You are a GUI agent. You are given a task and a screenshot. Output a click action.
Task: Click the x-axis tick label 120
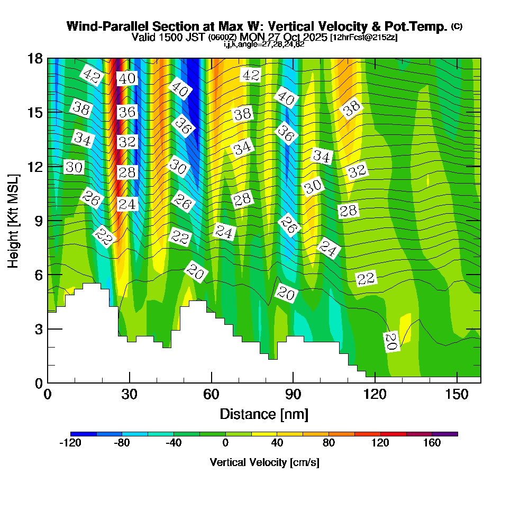[x=375, y=395]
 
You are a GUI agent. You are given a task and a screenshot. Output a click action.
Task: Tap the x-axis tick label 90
[x=293, y=395]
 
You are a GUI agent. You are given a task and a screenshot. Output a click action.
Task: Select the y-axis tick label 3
[x=38, y=329]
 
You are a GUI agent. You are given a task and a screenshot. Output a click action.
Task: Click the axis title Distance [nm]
[x=264, y=414]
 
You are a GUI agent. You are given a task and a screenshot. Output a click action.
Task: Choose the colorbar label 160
[x=432, y=443]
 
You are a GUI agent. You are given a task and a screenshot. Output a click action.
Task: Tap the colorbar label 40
[x=277, y=443]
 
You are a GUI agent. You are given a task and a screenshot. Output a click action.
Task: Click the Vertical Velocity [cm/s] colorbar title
[x=264, y=462]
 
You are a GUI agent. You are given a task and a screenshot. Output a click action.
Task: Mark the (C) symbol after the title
[x=457, y=26]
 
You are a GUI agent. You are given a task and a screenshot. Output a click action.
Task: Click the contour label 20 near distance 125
[x=391, y=341]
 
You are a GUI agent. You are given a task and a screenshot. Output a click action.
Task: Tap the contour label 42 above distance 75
[x=250, y=75]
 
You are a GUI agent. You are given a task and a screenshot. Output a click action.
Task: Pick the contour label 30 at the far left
[x=74, y=167]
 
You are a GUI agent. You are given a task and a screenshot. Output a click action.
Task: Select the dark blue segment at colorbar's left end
[x=83, y=434]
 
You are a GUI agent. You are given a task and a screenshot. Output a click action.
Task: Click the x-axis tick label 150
[x=456, y=395]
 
